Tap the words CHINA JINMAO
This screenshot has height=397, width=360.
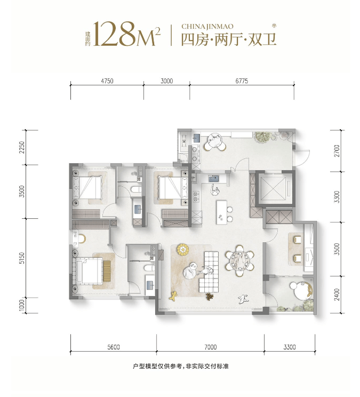206,25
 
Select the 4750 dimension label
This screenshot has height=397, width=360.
107,81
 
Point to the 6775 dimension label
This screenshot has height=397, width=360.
242,81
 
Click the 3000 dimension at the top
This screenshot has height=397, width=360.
166,81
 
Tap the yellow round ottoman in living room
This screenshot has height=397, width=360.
184,249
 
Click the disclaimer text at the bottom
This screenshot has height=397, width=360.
180,367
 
